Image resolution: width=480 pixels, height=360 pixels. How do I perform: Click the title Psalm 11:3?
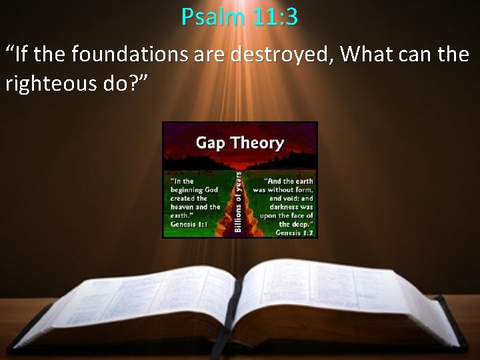point(239,16)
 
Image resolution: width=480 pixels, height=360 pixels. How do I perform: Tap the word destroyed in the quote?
point(281,55)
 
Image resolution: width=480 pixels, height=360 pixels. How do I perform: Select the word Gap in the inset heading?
point(209,143)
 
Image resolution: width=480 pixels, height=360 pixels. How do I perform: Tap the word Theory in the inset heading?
point(257,143)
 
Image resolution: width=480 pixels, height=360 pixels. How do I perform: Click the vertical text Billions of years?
point(238,201)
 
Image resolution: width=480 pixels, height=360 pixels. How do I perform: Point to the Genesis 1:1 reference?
point(189,225)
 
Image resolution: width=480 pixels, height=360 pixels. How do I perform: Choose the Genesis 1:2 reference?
point(294,233)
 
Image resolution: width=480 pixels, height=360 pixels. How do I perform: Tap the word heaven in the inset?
point(183,207)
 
